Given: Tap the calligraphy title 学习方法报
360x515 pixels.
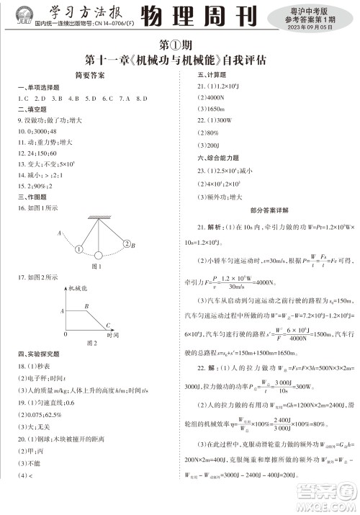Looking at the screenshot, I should click(x=83, y=12).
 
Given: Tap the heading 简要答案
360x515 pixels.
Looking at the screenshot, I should click(x=90, y=75).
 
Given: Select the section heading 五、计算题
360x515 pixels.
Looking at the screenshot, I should click(x=209, y=74).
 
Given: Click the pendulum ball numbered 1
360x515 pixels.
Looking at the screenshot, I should click(x=77, y=249).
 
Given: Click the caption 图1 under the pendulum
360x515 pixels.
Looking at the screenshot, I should click(x=94, y=267).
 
